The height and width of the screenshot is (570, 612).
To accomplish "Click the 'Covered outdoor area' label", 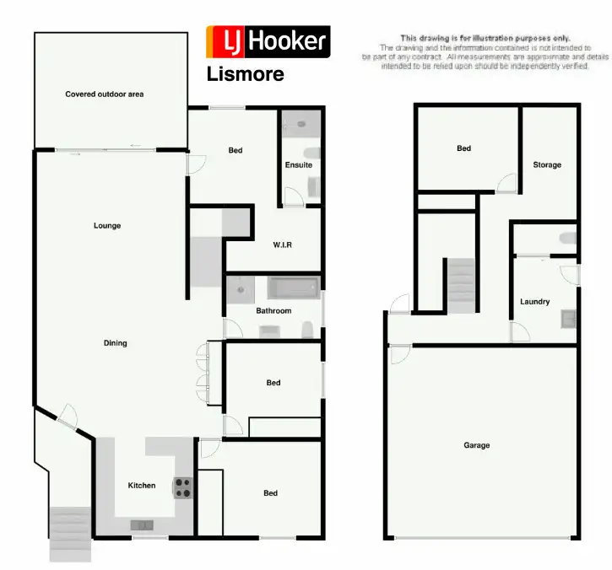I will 104,94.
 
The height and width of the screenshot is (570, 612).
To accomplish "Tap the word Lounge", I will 107,226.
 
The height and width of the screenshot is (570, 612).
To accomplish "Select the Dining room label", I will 115,343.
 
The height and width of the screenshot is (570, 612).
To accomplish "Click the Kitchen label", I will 142,486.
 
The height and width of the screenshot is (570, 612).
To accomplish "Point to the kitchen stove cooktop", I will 182,487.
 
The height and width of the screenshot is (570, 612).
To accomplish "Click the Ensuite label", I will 298,165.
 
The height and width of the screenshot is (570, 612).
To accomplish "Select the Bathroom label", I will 274,311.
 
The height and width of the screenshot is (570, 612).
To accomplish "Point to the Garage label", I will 476,445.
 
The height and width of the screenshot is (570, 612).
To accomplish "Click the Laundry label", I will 535,302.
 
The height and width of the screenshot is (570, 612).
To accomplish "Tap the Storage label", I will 547,165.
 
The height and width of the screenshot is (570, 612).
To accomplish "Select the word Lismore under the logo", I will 245,74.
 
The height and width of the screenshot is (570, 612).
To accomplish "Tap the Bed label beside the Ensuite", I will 236,151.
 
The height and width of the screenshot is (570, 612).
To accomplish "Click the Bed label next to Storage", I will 463,149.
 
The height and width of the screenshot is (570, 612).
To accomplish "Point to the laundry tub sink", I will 569,319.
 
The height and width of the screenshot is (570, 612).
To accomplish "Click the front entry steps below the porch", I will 70,533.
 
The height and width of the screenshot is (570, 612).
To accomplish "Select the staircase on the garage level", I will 462,285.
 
